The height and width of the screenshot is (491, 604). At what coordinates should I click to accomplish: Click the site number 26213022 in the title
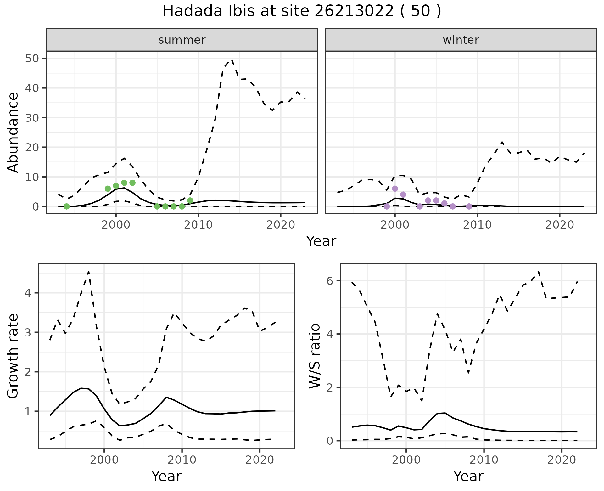point(354,11)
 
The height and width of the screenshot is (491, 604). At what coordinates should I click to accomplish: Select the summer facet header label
point(182,40)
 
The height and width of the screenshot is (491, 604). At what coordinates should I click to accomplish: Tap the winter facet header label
point(461,40)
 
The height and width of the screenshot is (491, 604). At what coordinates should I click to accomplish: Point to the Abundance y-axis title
point(13,133)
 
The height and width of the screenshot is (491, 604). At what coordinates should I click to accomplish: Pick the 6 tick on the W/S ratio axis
point(330,281)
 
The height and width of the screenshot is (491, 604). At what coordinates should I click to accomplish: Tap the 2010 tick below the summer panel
point(198,225)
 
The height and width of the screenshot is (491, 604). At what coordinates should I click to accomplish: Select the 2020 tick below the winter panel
point(559,225)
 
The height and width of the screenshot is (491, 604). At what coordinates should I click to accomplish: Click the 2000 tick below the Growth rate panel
point(104,460)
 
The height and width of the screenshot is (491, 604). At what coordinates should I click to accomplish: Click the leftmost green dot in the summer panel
point(66,206)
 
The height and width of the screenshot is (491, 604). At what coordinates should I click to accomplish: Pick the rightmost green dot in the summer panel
point(190,200)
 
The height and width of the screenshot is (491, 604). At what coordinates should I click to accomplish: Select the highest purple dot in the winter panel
point(395,189)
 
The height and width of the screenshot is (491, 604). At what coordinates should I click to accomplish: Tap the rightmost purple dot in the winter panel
point(469,206)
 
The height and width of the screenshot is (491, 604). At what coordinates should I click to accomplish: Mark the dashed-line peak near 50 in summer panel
point(232,59)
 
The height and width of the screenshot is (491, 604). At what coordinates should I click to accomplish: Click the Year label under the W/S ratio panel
point(468,476)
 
